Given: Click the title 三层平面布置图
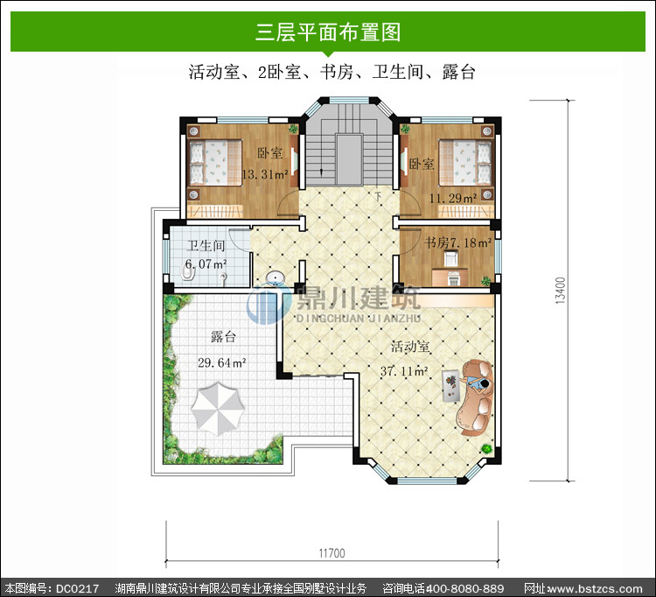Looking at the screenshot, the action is click(x=328, y=32).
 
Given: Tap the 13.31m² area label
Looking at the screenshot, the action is click(x=265, y=174).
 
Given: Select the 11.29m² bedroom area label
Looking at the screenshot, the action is click(x=453, y=198).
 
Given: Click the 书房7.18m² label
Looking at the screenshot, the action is click(x=457, y=242).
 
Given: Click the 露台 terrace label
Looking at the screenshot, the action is click(x=223, y=337).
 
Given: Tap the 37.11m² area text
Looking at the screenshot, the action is click(x=404, y=371).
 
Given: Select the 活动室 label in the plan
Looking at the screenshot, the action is click(x=410, y=347).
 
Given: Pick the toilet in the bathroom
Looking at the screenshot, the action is click(x=187, y=273).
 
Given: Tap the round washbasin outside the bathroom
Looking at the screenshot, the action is click(x=276, y=277).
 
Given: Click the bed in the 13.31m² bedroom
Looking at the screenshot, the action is click(x=215, y=163).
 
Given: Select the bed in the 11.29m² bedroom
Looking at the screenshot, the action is click(x=464, y=163).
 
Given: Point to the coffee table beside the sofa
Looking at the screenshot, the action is click(x=451, y=385).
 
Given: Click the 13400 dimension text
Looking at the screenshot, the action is click(x=561, y=290).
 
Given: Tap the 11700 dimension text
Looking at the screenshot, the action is click(x=332, y=553).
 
